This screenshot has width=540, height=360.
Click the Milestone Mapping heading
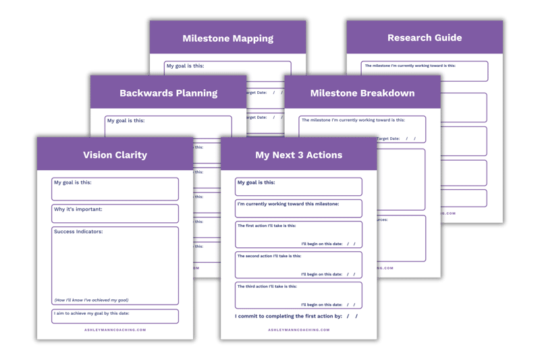[227, 38]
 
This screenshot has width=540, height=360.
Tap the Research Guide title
[425, 38]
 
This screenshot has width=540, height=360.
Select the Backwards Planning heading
[168, 93]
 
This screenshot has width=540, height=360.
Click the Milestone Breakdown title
[362, 93]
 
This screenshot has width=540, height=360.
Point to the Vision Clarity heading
[115, 155]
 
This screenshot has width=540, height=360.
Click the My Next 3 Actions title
[298, 155]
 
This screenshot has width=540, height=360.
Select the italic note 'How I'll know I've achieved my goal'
[91, 300]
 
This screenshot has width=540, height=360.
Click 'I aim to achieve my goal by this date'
[91, 313]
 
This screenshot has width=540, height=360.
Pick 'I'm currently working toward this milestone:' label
[287, 203]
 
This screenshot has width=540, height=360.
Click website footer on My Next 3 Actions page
[298, 330]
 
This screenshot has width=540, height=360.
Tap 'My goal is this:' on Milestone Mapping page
[185, 66]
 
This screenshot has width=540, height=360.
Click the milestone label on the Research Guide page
[410, 66]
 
